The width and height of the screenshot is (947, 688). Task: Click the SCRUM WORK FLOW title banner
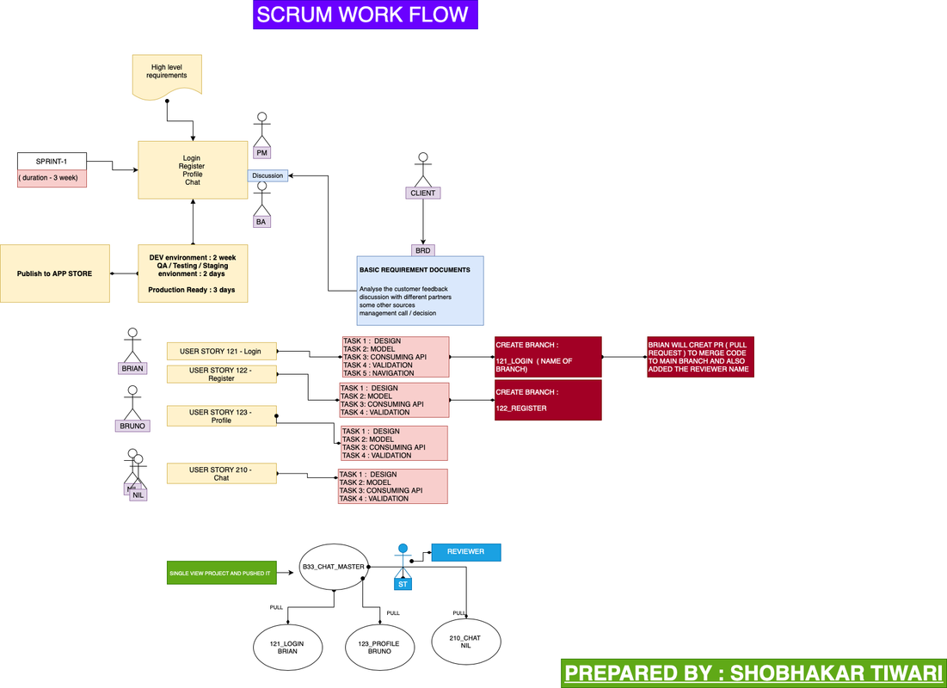[365, 15]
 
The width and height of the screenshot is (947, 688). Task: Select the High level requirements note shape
[168, 72]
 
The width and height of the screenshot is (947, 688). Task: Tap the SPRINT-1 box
[51, 162]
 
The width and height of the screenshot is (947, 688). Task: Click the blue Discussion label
[267, 175]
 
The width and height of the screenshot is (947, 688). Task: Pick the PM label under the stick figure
[262, 152]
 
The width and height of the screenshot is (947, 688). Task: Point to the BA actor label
[261, 221]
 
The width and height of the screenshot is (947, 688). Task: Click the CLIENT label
[422, 193]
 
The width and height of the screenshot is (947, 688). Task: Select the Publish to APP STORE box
[55, 273]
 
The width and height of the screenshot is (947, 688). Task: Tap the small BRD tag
[422, 250]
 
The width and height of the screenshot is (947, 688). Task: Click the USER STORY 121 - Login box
[221, 351]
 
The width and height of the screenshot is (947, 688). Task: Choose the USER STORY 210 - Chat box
[221, 473]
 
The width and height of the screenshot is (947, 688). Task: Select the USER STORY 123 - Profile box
[221, 416]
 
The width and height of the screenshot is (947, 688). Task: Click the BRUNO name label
[132, 426]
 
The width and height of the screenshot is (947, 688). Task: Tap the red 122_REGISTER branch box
[547, 401]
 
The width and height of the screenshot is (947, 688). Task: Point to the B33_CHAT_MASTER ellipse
[333, 567]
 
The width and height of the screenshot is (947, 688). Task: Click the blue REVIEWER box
[465, 552]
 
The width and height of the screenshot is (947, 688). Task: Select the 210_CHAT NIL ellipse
[465, 642]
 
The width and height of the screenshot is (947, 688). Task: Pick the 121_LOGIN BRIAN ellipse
[288, 647]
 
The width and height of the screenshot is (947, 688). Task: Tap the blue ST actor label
[402, 584]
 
